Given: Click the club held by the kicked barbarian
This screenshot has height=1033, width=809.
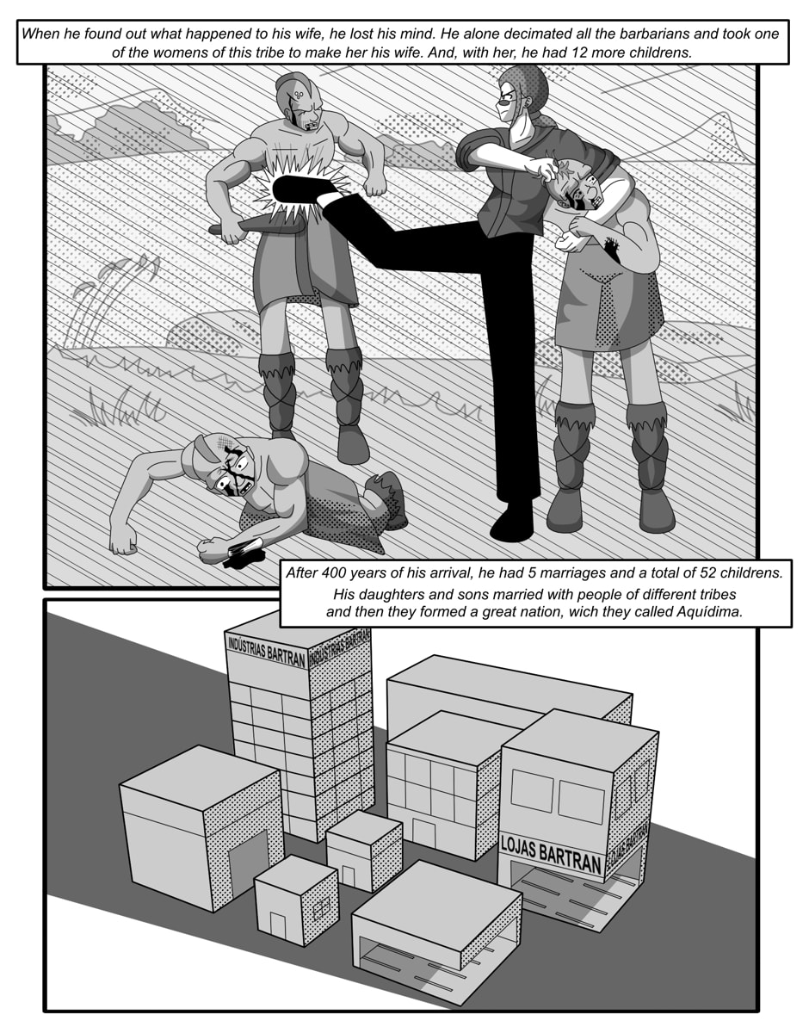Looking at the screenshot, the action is click(x=256, y=226).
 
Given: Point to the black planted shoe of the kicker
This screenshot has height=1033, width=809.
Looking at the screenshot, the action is click(x=513, y=522).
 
